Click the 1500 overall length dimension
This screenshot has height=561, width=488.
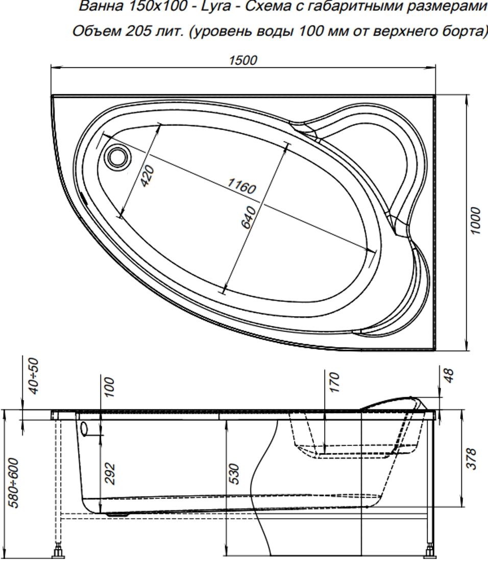[243, 60]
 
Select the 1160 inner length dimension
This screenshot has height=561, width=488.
[241, 187]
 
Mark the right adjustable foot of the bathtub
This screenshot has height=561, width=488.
[430, 552]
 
